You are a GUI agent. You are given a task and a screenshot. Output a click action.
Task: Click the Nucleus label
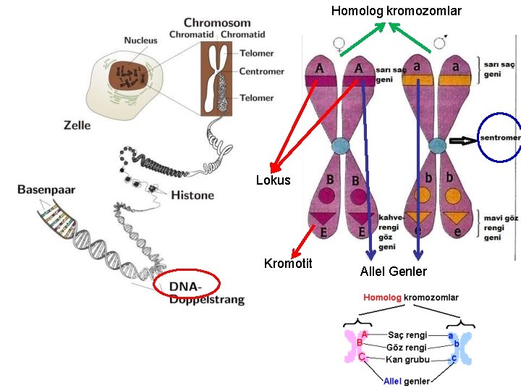point(140,41)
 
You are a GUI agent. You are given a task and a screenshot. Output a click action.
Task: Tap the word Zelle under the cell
point(77,125)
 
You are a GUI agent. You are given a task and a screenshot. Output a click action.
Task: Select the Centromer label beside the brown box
point(261,71)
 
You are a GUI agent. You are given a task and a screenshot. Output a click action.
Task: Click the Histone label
point(192,195)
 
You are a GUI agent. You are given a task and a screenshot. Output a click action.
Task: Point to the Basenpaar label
point(46,190)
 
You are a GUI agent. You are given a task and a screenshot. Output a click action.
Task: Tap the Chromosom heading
point(217,22)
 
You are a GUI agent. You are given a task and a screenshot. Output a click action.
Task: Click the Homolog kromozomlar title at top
point(397,11)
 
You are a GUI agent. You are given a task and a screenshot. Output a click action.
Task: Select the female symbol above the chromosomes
point(339,45)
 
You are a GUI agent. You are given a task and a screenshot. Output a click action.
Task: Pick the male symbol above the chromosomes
point(440,42)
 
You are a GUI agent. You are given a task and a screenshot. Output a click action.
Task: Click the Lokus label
point(273,180)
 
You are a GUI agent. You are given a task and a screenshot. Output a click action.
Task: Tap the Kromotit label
point(288,264)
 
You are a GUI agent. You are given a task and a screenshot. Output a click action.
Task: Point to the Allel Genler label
point(394,272)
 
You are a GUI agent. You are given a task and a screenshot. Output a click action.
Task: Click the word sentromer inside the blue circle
point(500,138)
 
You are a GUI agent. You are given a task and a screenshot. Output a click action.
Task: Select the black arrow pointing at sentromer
point(463,140)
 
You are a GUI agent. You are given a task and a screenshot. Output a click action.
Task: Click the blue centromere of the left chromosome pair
point(341,146)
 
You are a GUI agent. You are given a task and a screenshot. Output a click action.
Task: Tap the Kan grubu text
point(407,359)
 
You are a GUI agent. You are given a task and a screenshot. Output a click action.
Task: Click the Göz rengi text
point(407,348)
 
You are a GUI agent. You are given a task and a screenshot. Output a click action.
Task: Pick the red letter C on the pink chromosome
point(362,357)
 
